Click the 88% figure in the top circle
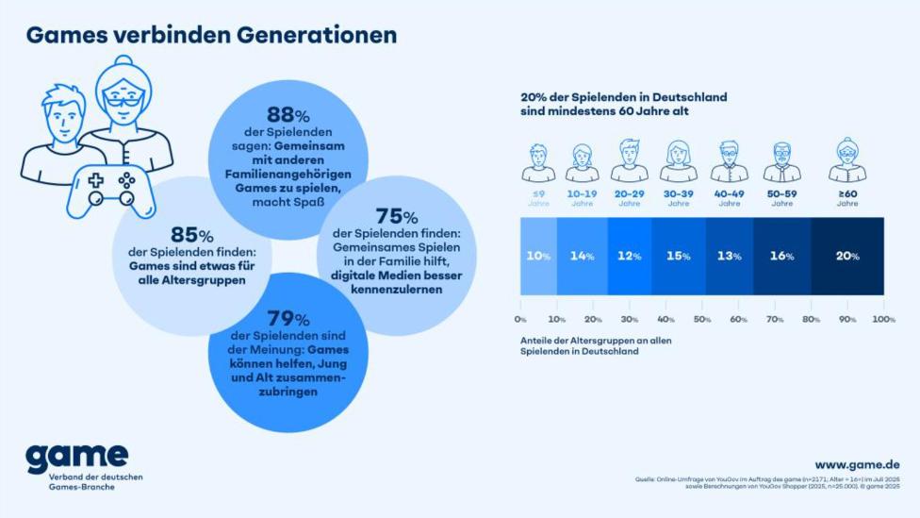tap(287, 116)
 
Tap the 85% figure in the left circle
tap(191, 235)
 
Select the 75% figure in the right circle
tap(396, 217)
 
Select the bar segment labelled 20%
tap(847, 256)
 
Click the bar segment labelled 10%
tap(538, 256)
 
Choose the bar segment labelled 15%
tap(678, 256)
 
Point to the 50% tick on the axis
tap(702, 320)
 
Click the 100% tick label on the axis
tap(882, 320)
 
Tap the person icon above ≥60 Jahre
tap(846, 160)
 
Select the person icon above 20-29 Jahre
tap(629, 160)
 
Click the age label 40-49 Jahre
tap(729, 198)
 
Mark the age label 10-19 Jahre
tap(582, 198)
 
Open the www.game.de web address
tap(857, 464)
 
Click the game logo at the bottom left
tap(76, 457)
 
